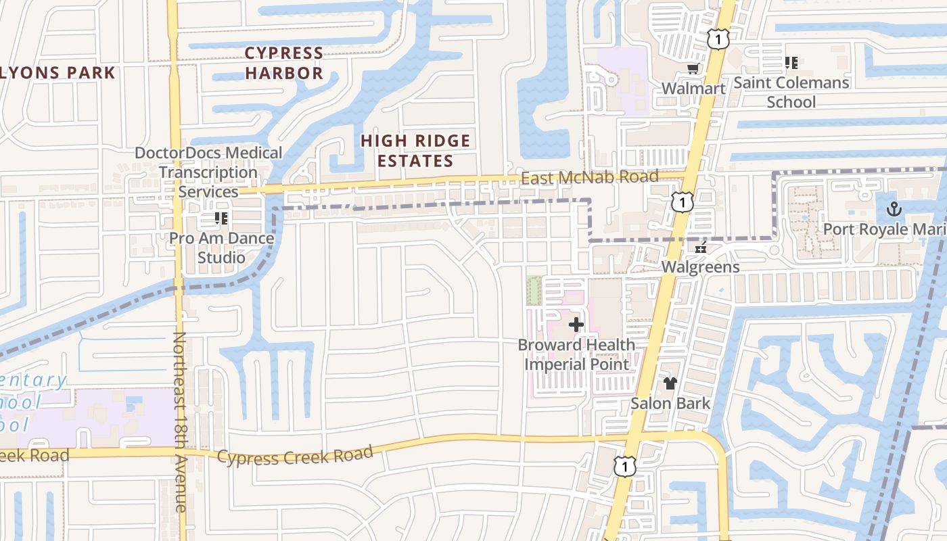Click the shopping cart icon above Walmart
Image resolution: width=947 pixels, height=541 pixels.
(693, 69)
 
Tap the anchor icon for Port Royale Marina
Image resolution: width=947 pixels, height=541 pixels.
(894, 209)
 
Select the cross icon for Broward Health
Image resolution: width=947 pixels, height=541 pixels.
(576, 325)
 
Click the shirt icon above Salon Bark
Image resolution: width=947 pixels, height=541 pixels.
(670, 383)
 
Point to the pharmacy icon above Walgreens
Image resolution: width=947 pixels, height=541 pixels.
(700, 248)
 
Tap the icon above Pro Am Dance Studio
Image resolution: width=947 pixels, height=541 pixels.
(221, 218)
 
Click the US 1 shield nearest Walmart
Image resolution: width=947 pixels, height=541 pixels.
(718, 40)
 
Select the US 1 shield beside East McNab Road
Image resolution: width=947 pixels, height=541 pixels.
(683, 202)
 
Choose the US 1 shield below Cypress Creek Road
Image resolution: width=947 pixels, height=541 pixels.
(624, 465)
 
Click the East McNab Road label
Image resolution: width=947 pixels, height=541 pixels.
(589, 177)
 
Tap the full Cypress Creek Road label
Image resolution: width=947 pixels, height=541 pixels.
(295, 455)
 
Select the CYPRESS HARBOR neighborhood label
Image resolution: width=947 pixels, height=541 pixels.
(284, 63)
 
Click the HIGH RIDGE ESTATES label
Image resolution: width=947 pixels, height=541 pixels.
(415, 151)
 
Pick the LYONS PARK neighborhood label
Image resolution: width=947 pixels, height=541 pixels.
(58, 73)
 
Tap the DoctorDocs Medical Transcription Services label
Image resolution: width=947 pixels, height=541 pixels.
(208, 172)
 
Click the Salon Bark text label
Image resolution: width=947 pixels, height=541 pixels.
(670, 404)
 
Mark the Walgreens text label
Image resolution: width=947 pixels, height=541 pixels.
(700, 266)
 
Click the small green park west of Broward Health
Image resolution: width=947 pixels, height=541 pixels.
(534, 290)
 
